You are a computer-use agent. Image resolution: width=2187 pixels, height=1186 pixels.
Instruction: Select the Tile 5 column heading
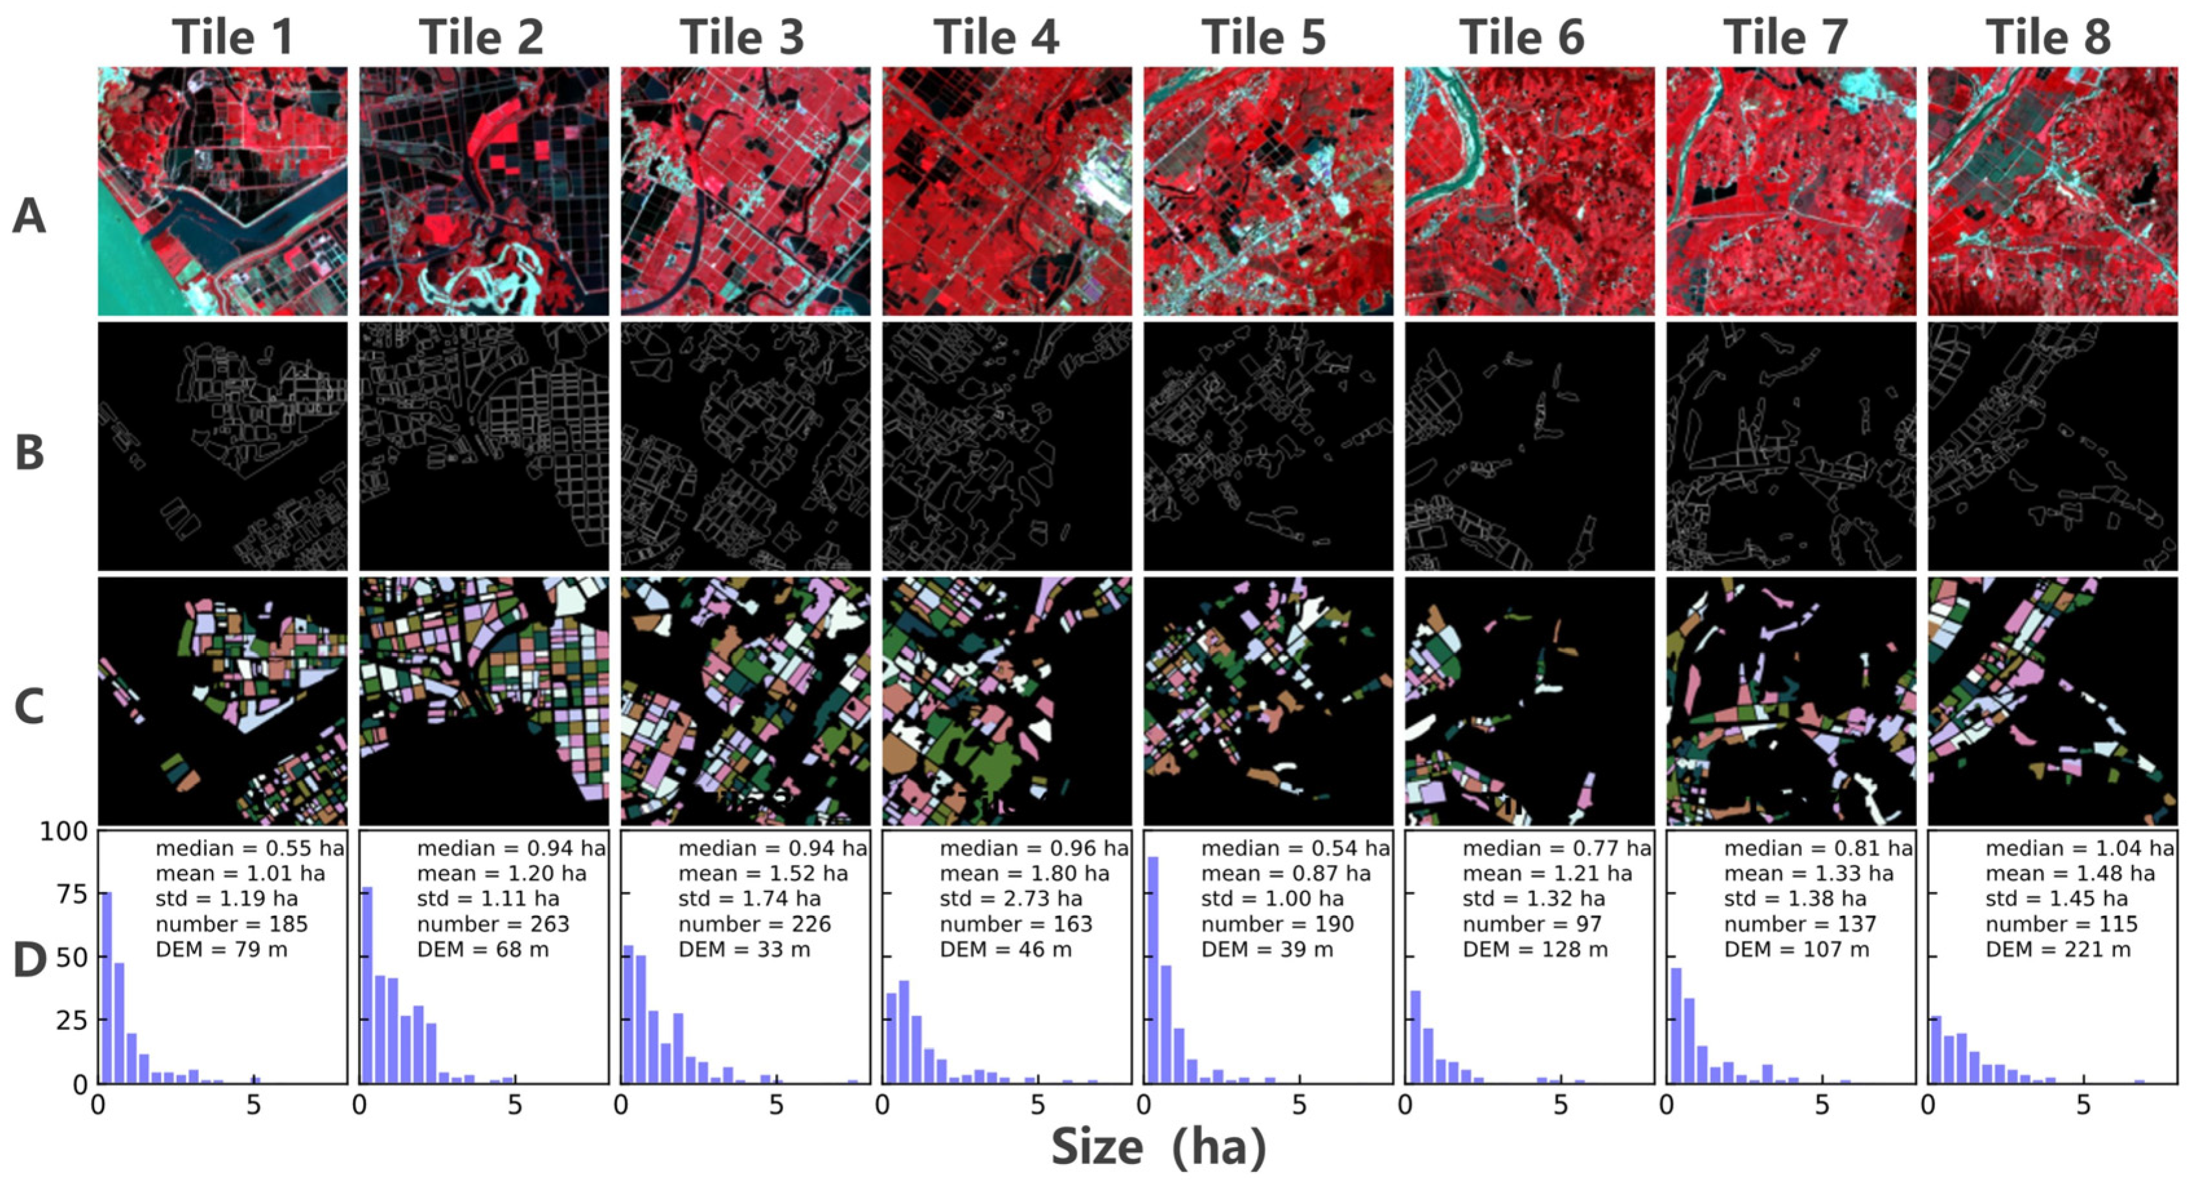pos(1263,38)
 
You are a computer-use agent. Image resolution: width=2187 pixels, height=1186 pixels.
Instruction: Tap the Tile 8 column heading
pos(2048,38)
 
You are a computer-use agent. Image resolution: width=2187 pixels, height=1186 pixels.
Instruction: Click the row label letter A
pos(29,216)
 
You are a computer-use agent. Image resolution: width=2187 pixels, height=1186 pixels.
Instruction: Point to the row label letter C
pos(29,706)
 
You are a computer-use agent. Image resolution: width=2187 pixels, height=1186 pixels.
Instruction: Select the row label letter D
pos(29,960)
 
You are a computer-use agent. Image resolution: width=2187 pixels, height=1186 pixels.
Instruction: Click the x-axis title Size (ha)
pos(1158,1148)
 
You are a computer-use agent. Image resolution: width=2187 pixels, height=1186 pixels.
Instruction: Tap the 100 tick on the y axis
pos(63,832)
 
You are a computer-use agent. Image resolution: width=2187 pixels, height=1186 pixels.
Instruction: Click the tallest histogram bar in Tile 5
pos(1153,970)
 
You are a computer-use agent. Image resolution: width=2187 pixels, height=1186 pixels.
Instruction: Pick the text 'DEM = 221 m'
pos(2058,950)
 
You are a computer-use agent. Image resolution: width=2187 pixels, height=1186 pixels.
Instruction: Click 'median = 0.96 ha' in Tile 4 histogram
pos(1033,849)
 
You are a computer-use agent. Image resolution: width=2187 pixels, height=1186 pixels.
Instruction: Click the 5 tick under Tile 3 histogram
pos(776,1106)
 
